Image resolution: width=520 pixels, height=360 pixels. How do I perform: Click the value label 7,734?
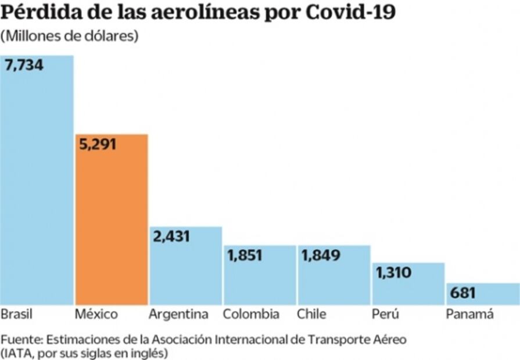pyautogui.click(x=24, y=65)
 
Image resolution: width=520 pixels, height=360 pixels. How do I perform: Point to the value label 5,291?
pyautogui.click(x=97, y=144)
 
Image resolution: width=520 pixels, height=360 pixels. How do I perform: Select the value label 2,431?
pyautogui.click(x=171, y=236)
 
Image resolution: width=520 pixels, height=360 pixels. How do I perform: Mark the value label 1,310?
pyautogui.click(x=393, y=272)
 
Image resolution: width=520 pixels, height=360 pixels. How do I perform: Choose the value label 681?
pyautogui.click(x=463, y=293)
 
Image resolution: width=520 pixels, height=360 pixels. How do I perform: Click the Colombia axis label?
pyautogui.click(x=251, y=315)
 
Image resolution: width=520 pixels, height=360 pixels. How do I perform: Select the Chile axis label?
pyautogui.click(x=311, y=315)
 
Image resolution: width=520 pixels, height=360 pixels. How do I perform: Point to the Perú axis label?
pyautogui.click(x=385, y=315)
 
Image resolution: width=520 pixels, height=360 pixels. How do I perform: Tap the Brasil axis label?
pyautogui.click(x=16, y=315)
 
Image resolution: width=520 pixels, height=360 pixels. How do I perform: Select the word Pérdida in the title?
pyautogui.click(x=38, y=13)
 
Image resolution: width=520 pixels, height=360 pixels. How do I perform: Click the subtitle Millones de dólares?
pyautogui.click(x=69, y=36)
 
